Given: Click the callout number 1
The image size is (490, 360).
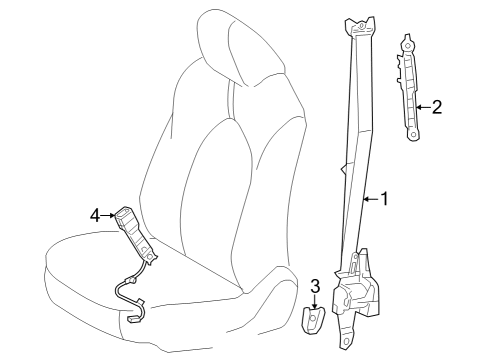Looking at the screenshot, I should [x=383, y=199].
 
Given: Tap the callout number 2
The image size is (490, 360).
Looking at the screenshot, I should [x=436, y=106].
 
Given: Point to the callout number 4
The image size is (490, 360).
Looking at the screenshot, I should [x=95, y=214].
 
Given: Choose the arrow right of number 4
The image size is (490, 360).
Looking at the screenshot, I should [x=109, y=214].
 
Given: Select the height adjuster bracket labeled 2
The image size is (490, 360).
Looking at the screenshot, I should [x=411, y=88].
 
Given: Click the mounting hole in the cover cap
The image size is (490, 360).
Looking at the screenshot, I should [x=313, y=321].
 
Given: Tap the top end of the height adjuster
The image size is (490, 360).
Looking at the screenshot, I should [x=408, y=41].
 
